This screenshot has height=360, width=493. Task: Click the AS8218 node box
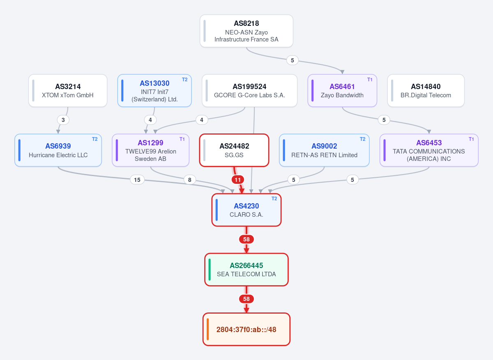click(x=246, y=31)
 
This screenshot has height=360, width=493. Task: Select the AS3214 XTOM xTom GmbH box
click(x=68, y=91)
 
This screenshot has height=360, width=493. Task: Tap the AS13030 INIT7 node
click(x=154, y=91)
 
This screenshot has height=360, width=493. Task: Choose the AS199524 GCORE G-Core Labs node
click(x=249, y=91)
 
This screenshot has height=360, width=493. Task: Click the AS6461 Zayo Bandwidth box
click(x=342, y=91)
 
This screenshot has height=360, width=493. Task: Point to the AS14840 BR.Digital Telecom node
click(x=426, y=91)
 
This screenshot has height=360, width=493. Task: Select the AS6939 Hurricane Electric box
click(x=58, y=150)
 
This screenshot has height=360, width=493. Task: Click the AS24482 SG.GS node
click(x=234, y=150)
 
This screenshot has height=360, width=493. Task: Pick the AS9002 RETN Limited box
click(x=324, y=150)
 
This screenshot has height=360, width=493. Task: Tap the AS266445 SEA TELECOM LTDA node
click(x=246, y=270)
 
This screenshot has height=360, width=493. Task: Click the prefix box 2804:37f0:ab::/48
click(x=246, y=329)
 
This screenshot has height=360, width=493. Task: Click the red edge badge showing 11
click(x=238, y=180)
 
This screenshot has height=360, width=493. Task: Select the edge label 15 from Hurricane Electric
click(x=137, y=180)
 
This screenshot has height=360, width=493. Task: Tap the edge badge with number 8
click(x=190, y=180)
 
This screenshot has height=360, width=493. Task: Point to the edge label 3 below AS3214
click(x=63, y=120)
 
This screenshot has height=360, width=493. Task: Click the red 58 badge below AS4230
click(x=246, y=239)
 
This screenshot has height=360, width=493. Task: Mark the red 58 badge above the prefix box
click(x=246, y=299)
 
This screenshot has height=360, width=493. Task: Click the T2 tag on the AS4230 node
click(x=274, y=199)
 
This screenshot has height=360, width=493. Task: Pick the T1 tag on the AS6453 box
click(x=471, y=139)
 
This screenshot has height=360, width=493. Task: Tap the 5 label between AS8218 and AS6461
click(x=292, y=60)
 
